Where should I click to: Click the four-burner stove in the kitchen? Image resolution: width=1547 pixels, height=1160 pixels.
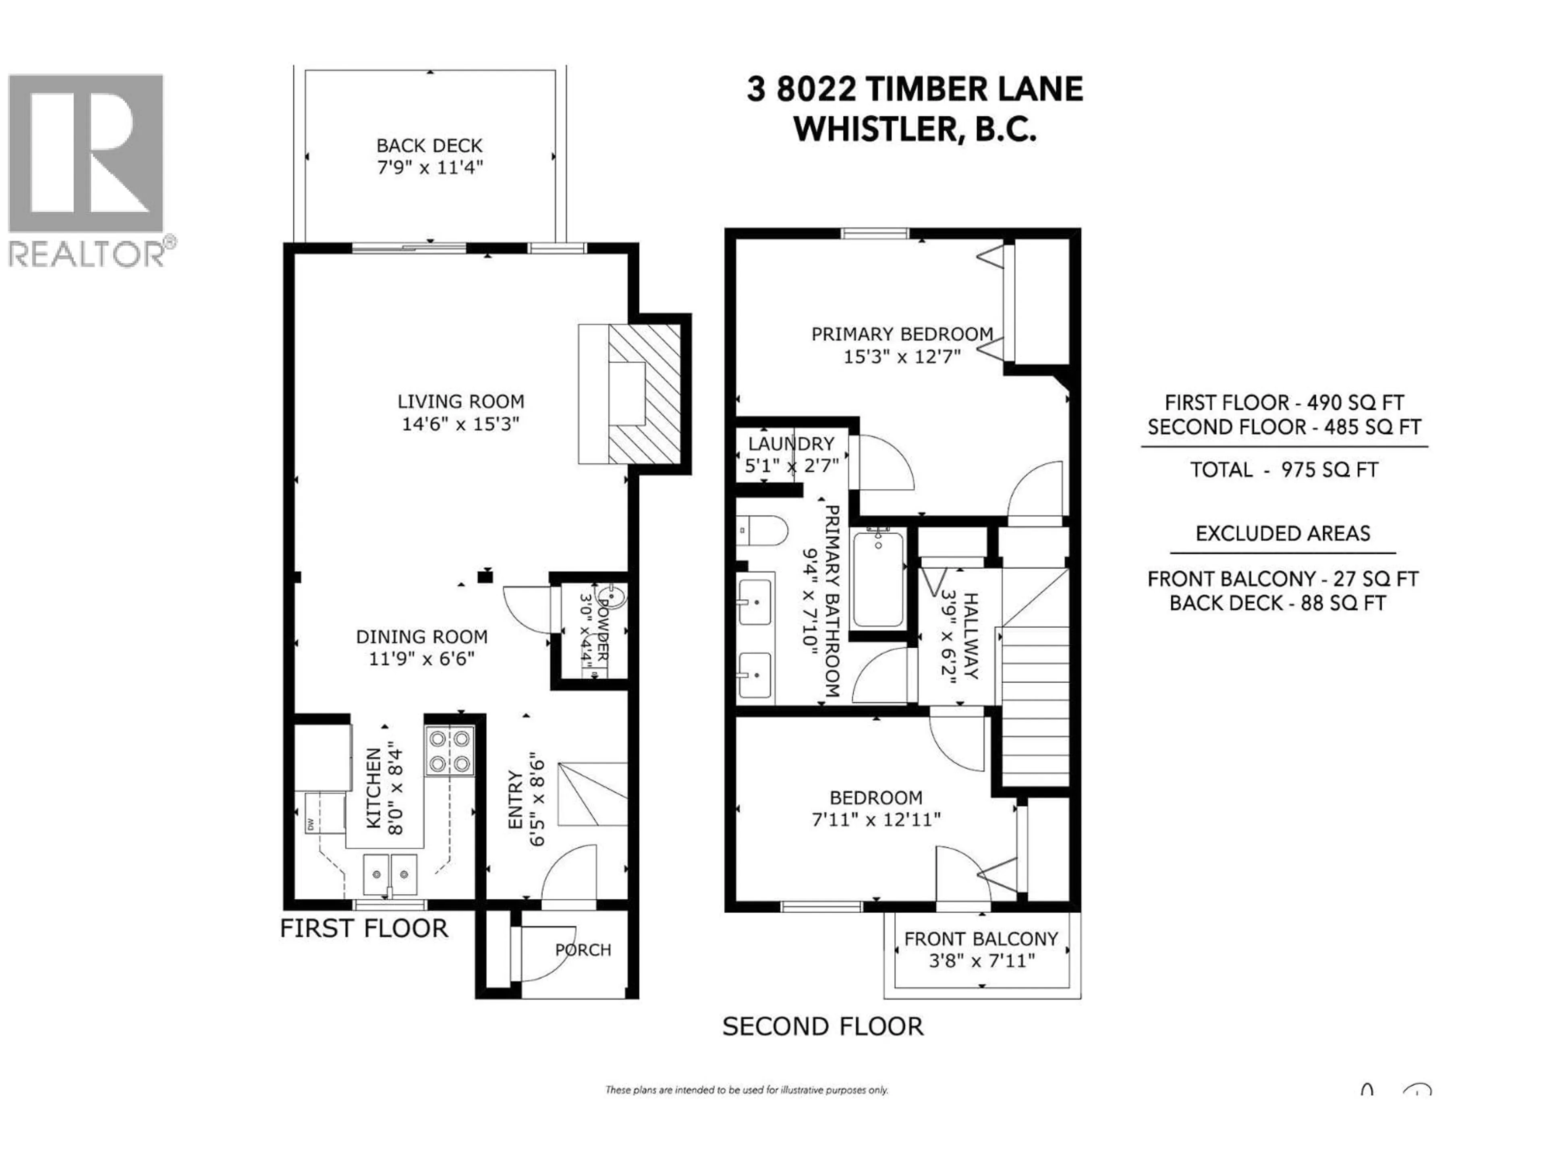coord(450,751)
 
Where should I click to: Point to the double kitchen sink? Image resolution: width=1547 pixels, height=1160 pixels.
coord(390,873)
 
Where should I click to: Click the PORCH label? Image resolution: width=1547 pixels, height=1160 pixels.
coord(583,949)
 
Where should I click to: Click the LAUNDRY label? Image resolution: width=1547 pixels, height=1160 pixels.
coord(790,444)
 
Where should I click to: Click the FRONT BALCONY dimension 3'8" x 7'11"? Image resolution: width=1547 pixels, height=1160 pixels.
coord(981,961)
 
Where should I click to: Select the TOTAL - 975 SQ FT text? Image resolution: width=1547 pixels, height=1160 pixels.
coord(1284,470)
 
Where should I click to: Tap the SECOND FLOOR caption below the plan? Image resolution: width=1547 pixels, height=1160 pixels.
coord(823,1026)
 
